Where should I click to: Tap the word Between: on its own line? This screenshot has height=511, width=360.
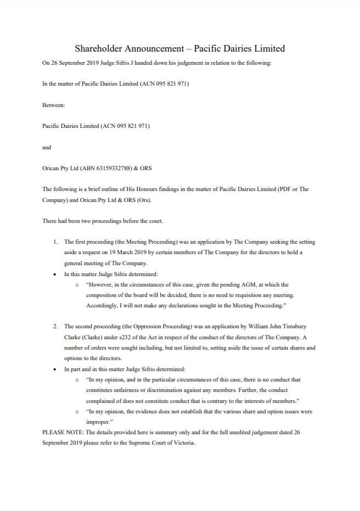54,105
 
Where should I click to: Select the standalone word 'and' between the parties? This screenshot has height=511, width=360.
47,147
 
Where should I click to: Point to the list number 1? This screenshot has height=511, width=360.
55,242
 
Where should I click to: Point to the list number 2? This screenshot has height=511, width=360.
55,326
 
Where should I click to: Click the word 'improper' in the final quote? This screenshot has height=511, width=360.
98,422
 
